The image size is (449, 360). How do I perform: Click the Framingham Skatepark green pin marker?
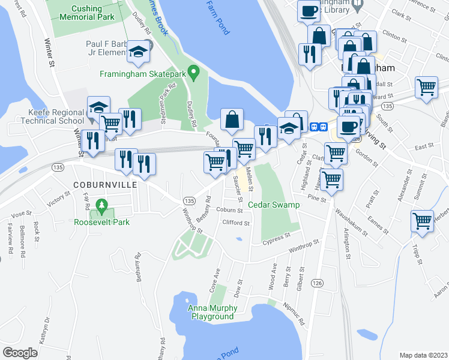[193, 73]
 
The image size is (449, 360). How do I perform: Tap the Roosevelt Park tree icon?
[101, 208]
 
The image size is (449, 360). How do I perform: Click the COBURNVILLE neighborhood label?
[105, 185]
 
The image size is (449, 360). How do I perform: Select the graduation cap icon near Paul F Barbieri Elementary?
[139, 52]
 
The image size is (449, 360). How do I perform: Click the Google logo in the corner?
[20, 353]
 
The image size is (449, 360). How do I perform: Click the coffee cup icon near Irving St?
[349, 127]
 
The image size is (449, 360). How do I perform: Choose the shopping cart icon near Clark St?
[426, 86]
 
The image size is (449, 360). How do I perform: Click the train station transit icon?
[318, 127]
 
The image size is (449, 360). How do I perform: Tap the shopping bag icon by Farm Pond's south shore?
[232, 119]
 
